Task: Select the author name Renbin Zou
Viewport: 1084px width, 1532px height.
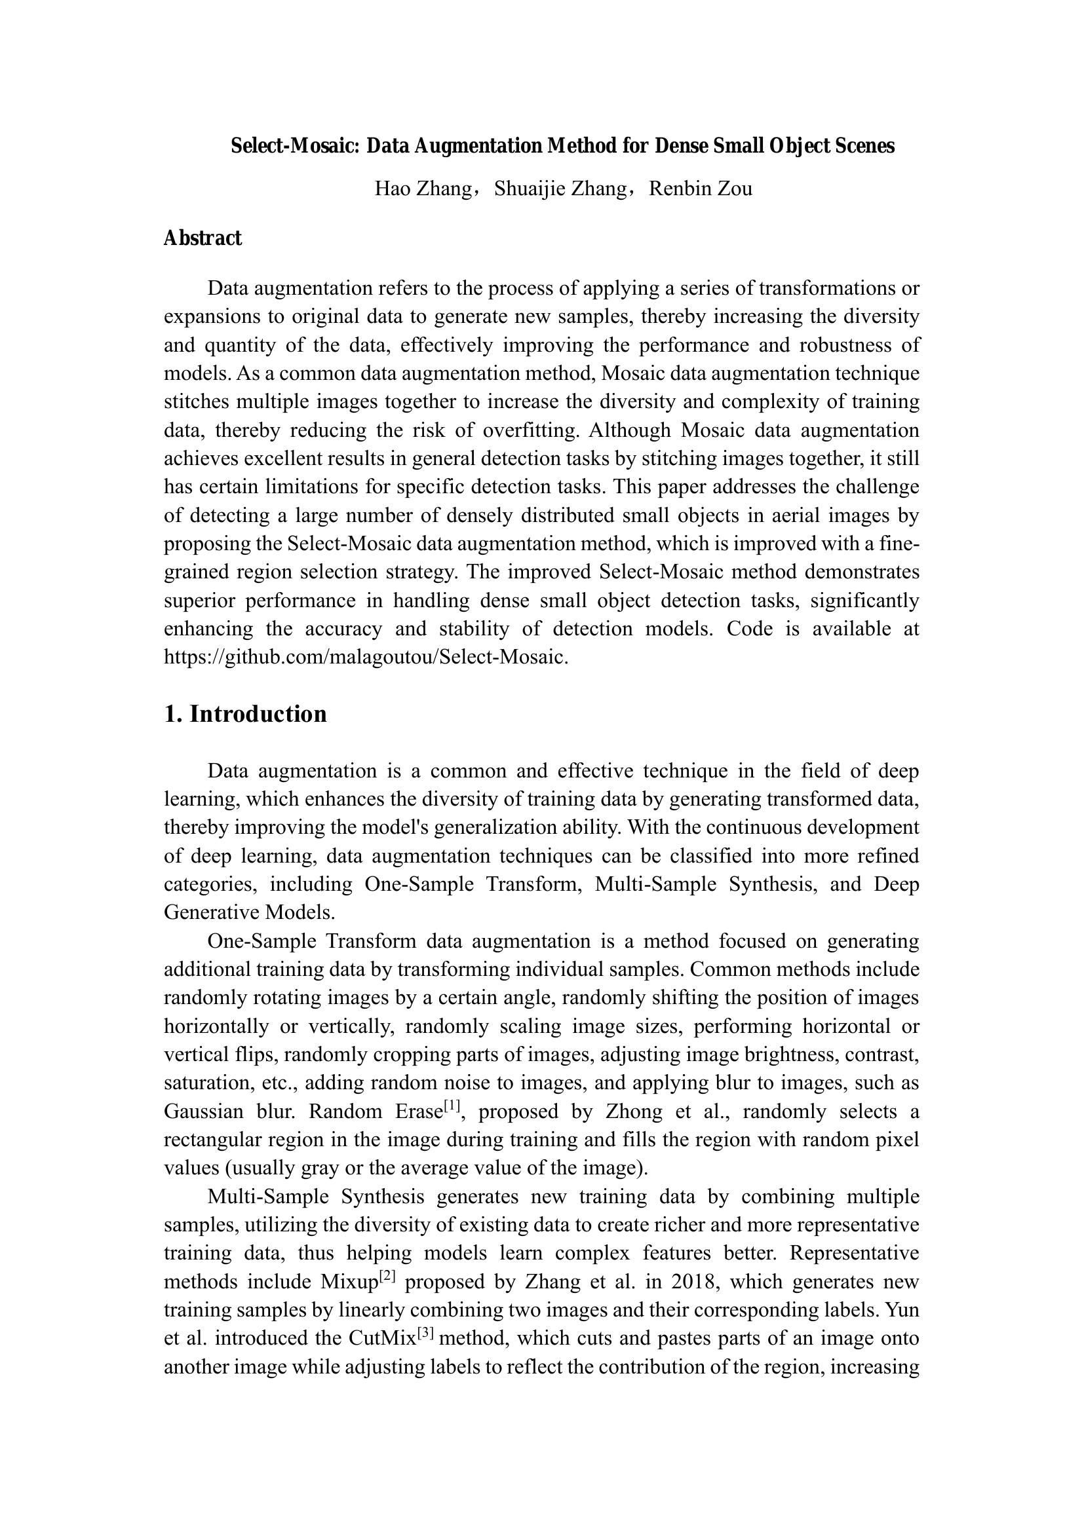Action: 700,189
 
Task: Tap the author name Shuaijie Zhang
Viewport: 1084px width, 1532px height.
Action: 560,189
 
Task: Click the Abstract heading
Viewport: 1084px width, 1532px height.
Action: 203,238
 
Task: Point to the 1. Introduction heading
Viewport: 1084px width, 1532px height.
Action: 245,714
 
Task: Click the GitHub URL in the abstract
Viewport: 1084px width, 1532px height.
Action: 365,657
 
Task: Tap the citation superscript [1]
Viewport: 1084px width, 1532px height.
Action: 453,1106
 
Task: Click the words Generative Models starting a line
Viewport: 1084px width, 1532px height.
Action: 249,912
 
